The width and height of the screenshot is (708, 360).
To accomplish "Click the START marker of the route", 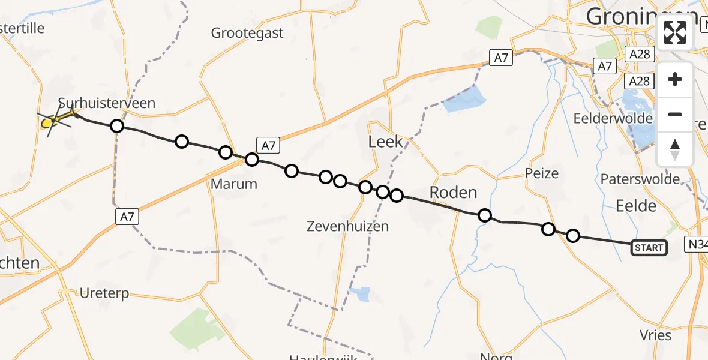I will coord(649,248).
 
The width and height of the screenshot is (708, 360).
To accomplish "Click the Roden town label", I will coord(454,193).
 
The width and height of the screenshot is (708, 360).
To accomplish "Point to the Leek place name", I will coord(385,142).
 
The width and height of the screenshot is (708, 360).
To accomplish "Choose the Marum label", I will coord(234,184).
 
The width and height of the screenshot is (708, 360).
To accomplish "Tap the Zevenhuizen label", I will coord(347,226).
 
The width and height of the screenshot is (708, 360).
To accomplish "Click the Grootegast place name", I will coord(247,33).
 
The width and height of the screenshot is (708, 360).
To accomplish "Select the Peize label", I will coord(541,174).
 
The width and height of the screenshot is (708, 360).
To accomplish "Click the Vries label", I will coord(655,335).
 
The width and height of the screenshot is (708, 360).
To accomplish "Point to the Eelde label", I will coord(635,206).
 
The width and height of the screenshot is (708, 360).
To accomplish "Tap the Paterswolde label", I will coord(640,179).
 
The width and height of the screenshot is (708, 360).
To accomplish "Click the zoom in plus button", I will coord(675,79).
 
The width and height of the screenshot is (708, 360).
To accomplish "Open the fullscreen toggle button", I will coord(675,32).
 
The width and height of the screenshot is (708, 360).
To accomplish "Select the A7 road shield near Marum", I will coord(268,145).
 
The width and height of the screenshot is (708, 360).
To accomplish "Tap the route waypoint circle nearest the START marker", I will coord(573,236).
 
